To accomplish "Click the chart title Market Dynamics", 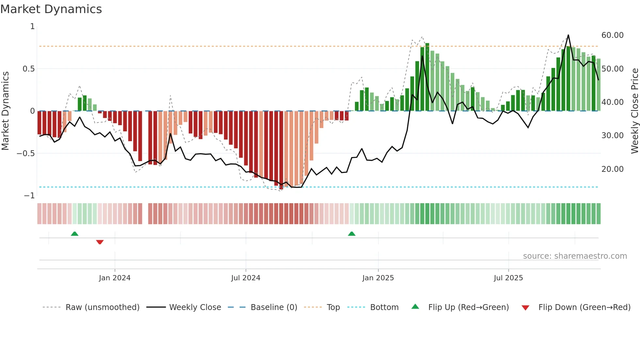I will [x=51, y=9].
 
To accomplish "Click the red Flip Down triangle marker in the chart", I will [x=100, y=242].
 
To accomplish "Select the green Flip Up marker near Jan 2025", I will [x=352, y=234].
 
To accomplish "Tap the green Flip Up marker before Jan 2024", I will [x=74, y=234].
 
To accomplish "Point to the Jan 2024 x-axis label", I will [x=115, y=278].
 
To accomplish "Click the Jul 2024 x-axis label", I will [x=246, y=278].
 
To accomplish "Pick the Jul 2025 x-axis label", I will [x=508, y=278].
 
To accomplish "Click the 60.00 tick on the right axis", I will [x=612, y=35].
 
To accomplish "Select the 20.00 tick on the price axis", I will [x=612, y=169].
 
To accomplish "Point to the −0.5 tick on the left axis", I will [x=25, y=154].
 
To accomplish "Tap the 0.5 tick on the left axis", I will [x=28, y=69].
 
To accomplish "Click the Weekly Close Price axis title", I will [x=634, y=111].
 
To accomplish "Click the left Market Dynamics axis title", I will [x=5, y=111].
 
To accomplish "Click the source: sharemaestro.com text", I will [x=575, y=256].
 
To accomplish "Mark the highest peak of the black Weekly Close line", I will [x=568, y=35].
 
